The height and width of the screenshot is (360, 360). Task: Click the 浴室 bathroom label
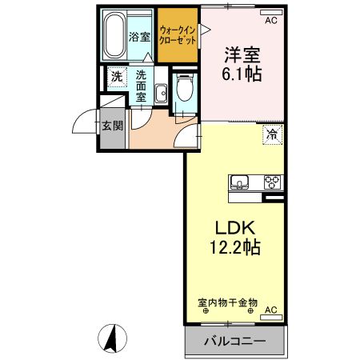(140, 37)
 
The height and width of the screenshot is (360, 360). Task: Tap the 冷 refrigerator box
(272, 135)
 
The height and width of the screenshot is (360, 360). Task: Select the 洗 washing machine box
(116, 78)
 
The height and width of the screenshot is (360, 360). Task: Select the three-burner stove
(272, 181)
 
